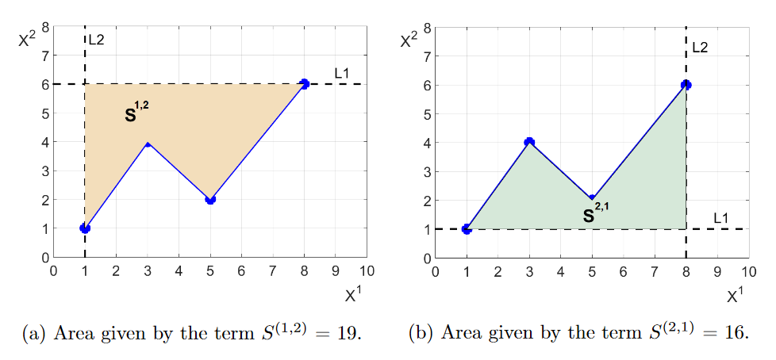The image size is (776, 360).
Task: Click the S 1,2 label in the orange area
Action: pos(136,113)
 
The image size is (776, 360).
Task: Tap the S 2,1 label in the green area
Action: pos(596,213)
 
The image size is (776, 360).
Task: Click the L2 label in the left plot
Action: pos(96,40)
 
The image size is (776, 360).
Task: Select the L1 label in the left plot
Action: pos(342,74)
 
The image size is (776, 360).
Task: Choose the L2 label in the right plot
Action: pos(699,48)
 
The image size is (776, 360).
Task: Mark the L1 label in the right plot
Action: pos(720,218)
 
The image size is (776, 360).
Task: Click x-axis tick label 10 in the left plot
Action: pos(366,270)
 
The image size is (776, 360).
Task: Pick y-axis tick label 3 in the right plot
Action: pos(428,171)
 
